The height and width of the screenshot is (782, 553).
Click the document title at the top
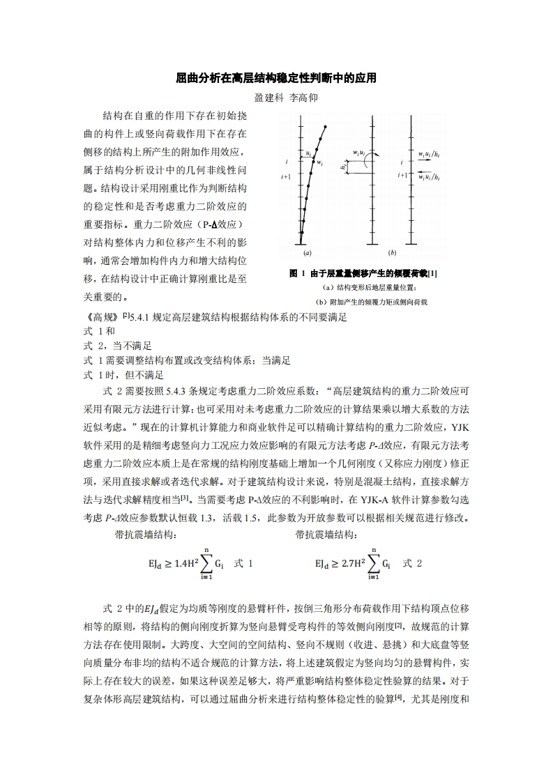pos(276,78)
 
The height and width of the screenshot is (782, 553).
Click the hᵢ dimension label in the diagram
pos(344,167)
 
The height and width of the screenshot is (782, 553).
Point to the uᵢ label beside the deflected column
pos(308,152)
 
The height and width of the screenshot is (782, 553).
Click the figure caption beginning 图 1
pos(363,273)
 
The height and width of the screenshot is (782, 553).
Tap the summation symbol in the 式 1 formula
pos(206,562)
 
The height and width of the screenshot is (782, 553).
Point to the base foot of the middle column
pos(372,244)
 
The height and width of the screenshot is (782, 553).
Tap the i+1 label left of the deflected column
pos(285,177)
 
